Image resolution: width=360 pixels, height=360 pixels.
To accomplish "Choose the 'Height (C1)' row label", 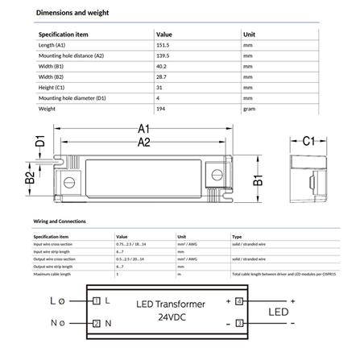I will pyautogui.click(x=54, y=85).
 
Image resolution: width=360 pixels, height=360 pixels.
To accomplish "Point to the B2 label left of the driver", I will pyautogui.click(x=28, y=178).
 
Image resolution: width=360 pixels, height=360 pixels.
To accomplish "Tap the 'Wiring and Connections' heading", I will pyautogui.click(x=60, y=220).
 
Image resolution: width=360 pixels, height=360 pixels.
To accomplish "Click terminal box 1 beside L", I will pyautogui.click(x=97, y=300).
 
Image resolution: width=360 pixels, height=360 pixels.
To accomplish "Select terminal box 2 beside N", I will pyautogui.click(x=97, y=323).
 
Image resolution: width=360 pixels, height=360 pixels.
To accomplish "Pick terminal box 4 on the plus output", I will pyautogui.click(x=238, y=300).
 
